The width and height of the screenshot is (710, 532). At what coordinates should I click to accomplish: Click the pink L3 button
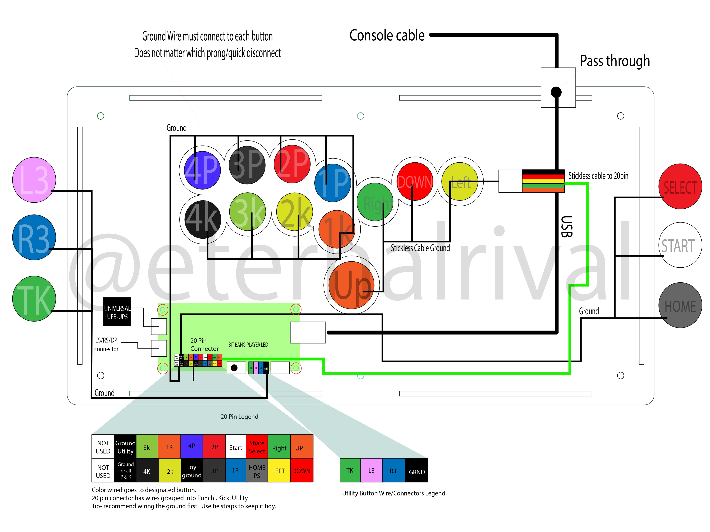click(34, 180)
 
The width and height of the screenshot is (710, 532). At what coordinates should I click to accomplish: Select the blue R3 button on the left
click(34, 237)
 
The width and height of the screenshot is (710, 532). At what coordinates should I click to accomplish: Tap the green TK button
click(34, 299)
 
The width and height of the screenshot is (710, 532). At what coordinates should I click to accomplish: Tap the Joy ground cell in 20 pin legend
click(192, 471)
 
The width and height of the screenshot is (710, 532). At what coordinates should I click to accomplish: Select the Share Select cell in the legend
click(257, 447)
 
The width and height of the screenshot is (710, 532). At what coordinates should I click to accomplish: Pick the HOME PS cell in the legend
click(257, 471)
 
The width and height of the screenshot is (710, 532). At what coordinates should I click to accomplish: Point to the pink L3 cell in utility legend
click(371, 470)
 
